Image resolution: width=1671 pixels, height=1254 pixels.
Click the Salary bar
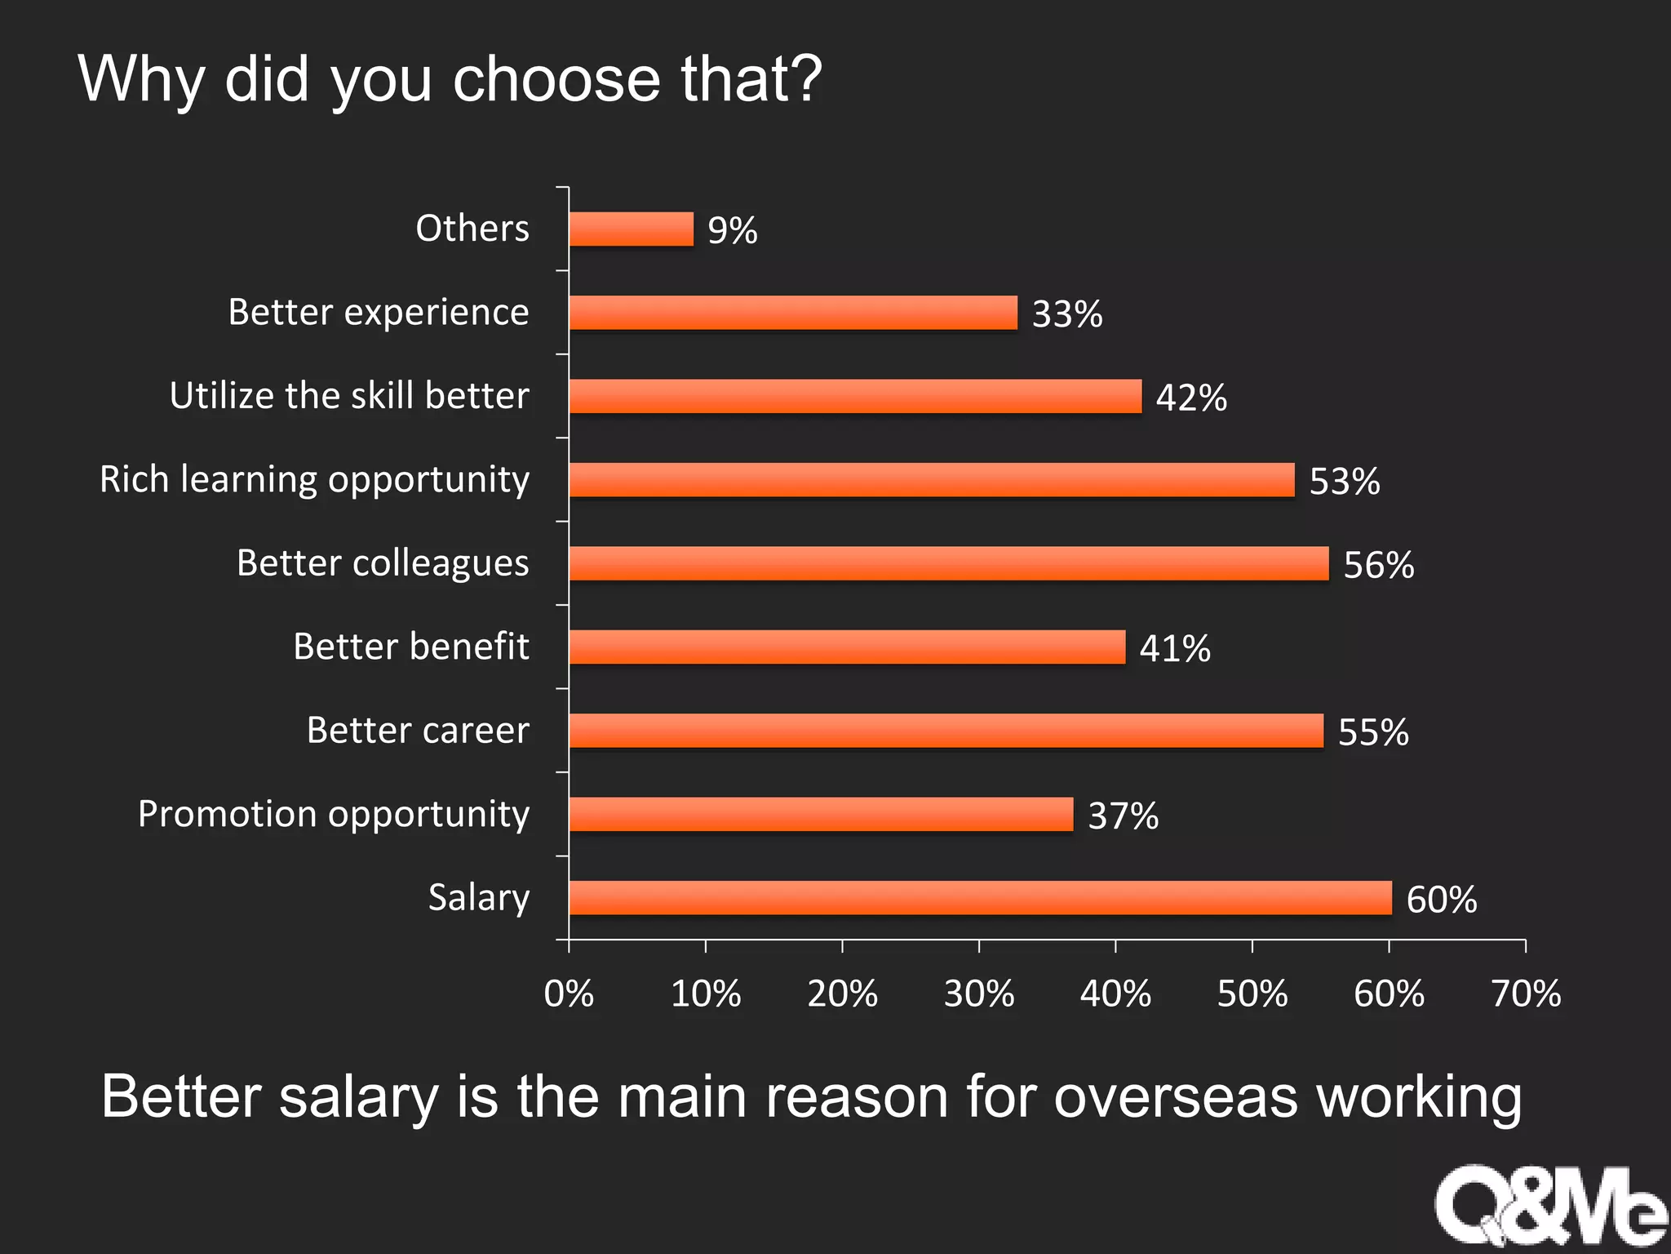click(x=980, y=897)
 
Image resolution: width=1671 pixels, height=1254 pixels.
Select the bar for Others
click(x=632, y=229)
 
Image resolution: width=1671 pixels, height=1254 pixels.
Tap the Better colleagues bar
click(x=949, y=563)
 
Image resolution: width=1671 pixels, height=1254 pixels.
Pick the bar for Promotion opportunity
click(x=821, y=814)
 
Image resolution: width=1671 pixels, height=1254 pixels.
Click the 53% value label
click(x=1344, y=481)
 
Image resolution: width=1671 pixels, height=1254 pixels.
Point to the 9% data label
click(x=732, y=230)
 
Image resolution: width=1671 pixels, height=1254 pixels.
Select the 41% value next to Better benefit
click(x=1174, y=648)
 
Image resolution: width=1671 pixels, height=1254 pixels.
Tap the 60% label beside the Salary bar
click(x=1441, y=899)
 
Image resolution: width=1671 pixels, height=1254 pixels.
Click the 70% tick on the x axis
click(x=1525, y=994)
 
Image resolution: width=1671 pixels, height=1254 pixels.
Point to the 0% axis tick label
click(x=569, y=994)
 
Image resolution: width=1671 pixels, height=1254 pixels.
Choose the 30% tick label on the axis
click(x=978, y=994)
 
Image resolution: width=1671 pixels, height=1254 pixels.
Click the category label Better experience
click(x=379, y=312)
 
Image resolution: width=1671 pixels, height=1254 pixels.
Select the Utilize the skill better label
click(x=349, y=395)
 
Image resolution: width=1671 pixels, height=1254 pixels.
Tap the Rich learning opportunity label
click(x=314, y=479)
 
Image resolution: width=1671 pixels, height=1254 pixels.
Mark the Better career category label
click(x=418, y=730)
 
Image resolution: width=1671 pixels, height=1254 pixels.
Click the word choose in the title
click(x=556, y=79)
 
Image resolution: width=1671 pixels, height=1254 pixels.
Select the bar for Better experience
click(x=793, y=313)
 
